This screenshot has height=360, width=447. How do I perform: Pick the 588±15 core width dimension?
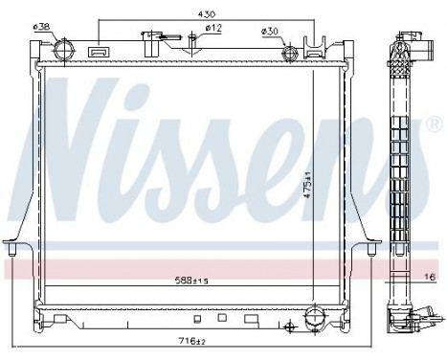pos(188,281)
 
